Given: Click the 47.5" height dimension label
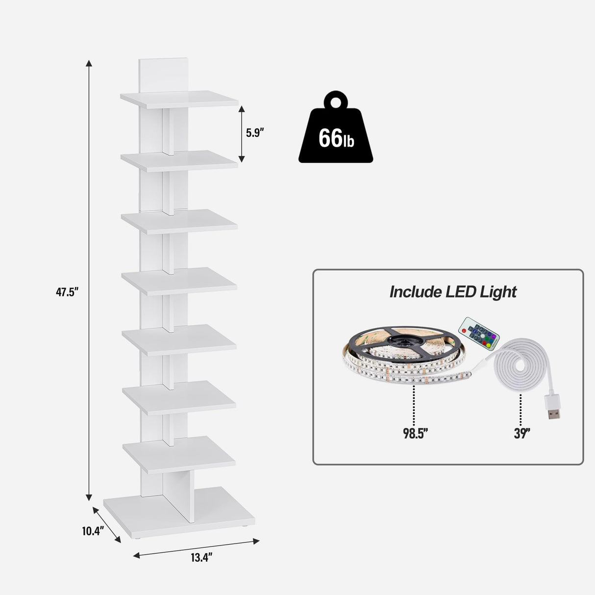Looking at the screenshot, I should (67, 293).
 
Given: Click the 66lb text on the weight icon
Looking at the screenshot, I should (336, 138).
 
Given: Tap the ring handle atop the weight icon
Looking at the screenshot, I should (336, 101).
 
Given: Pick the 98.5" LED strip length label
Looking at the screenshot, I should (416, 433).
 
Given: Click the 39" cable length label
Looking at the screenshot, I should (522, 433).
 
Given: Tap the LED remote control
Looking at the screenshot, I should (478, 333).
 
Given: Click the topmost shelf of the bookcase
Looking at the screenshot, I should (179, 99).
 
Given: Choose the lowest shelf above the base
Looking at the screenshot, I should (179, 454).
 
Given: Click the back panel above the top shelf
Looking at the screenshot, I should (163, 74).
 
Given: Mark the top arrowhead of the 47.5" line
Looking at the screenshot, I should (89, 63).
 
